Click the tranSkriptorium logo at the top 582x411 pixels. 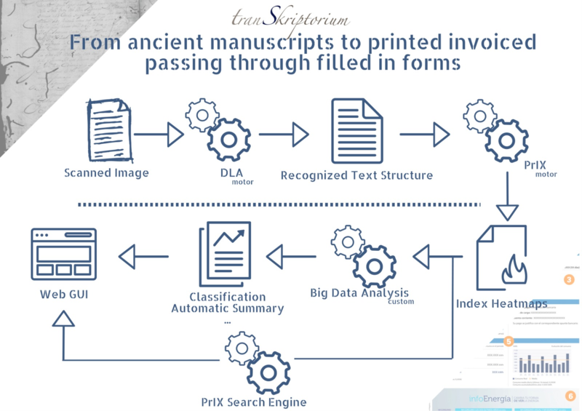pyautogui.click(x=289, y=17)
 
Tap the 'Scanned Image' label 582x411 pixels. pyautogui.click(x=106, y=173)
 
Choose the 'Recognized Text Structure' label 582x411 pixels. pyautogui.click(x=356, y=175)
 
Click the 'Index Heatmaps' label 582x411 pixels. pyautogui.click(x=502, y=303)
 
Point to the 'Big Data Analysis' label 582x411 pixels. pyautogui.click(x=359, y=293)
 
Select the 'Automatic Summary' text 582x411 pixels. pyautogui.click(x=227, y=308)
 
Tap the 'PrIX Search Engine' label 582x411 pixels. pyautogui.click(x=254, y=402)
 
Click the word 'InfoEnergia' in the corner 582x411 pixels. pyautogui.click(x=474, y=397)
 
